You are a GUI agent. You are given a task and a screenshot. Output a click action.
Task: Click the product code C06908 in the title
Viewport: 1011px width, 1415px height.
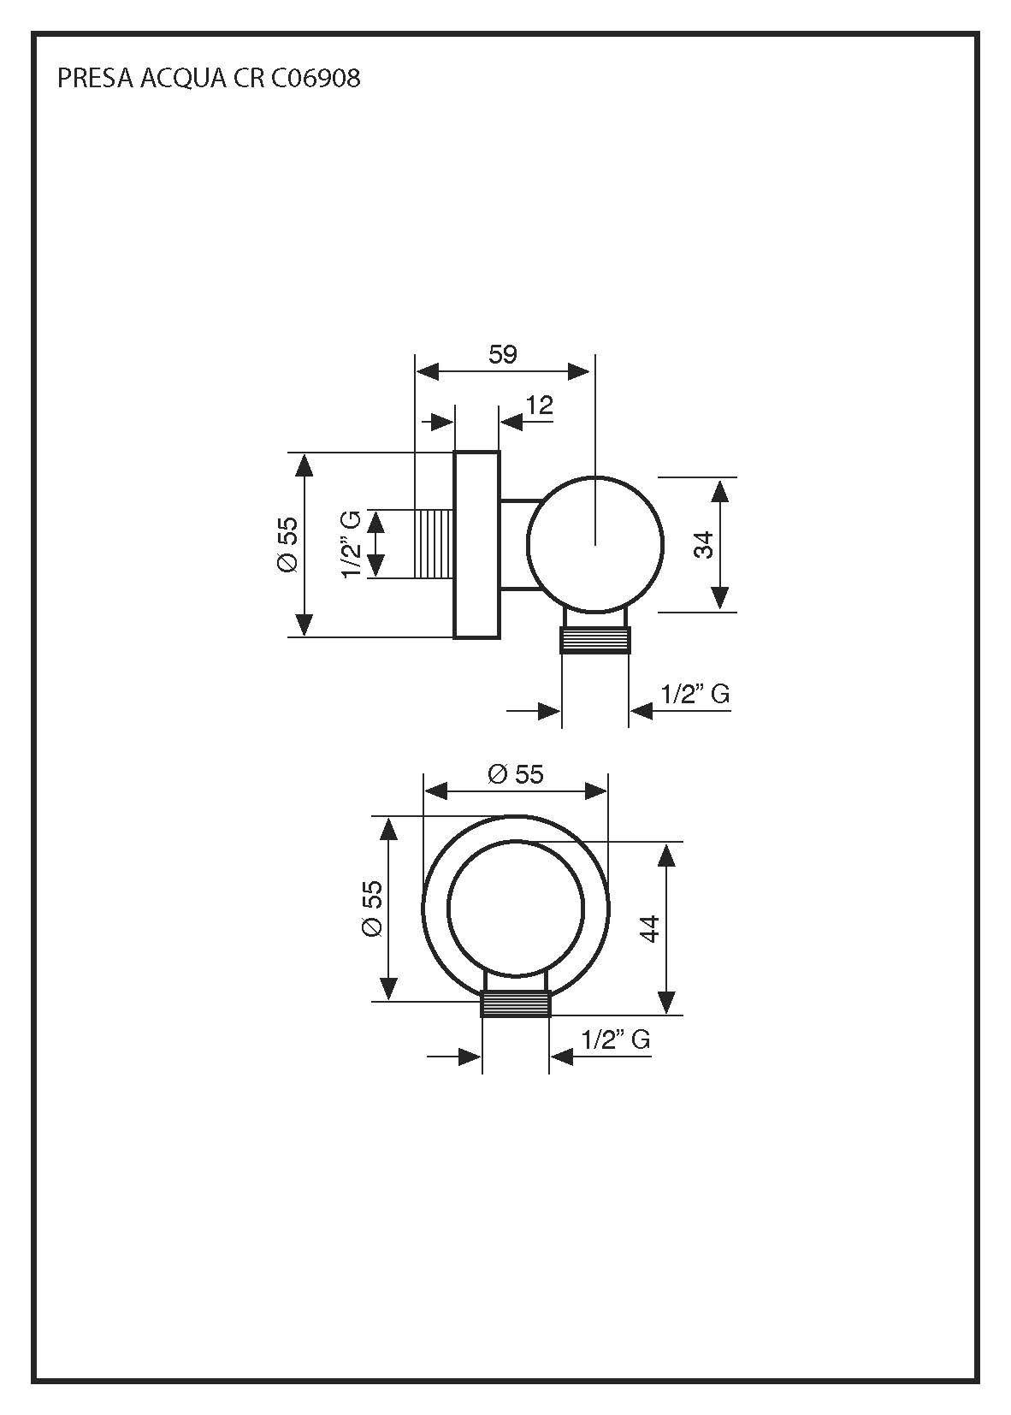(x=316, y=79)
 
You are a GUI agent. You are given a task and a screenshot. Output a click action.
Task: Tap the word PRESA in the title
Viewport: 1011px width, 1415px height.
(x=86, y=79)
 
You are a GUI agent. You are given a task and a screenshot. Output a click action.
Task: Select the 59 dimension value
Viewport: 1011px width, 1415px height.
(x=503, y=354)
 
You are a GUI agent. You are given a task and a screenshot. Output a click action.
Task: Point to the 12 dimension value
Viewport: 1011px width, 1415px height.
(x=540, y=405)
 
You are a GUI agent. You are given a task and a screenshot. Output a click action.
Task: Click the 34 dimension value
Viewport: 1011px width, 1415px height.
(x=703, y=544)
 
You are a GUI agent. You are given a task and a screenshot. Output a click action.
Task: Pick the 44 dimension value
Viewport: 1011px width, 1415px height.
(x=651, y=928)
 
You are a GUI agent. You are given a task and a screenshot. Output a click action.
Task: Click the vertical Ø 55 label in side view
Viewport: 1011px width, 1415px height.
(x=287, y=544)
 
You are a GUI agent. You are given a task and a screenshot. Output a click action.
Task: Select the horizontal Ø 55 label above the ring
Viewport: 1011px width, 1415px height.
(x=516, y=774)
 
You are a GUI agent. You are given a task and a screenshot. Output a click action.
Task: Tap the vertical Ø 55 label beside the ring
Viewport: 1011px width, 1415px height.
(x=373, y=909)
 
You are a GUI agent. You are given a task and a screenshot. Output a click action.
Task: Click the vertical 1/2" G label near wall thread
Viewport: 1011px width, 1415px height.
(x=352, y=544)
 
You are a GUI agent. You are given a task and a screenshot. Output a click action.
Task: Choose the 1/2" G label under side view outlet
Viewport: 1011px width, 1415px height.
(x=695, y=694)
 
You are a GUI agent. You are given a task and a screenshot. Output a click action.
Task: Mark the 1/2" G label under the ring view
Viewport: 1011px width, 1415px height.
(x=616, y=1040)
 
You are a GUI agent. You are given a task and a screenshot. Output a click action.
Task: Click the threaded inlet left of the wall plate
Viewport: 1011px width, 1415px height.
(x=434, y=544)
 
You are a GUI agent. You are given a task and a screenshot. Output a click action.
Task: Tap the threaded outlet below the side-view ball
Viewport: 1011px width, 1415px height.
(x=595, y=640)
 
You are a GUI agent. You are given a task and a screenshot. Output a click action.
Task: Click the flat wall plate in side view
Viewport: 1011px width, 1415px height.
(x=476, y=544)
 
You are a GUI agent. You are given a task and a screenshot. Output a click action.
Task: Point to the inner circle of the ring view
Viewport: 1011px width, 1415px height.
(x=516, y=909)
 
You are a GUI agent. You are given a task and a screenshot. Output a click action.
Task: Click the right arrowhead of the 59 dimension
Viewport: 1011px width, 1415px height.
(x=579, y=371)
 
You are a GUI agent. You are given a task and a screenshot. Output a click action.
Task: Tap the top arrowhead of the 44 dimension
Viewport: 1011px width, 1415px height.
(x=668, y=854)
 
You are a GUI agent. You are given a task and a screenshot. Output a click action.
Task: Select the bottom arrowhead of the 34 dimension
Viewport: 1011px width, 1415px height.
(x=720, y=599)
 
